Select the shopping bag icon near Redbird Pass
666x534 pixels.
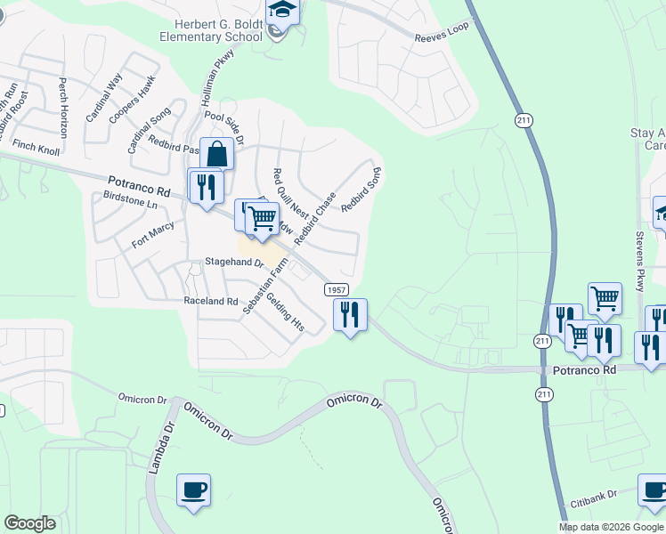[x=216, y=154]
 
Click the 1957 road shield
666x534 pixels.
[x=336, y=290]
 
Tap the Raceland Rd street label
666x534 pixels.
[x=211, y=302]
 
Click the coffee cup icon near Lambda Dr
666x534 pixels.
[x=193, y=489]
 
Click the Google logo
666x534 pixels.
[x=29, y=523]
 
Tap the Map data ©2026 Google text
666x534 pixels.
[x=610, y=527]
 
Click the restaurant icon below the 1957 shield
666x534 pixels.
[x=350, y=314]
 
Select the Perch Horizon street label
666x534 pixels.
[x=63, y=108]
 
